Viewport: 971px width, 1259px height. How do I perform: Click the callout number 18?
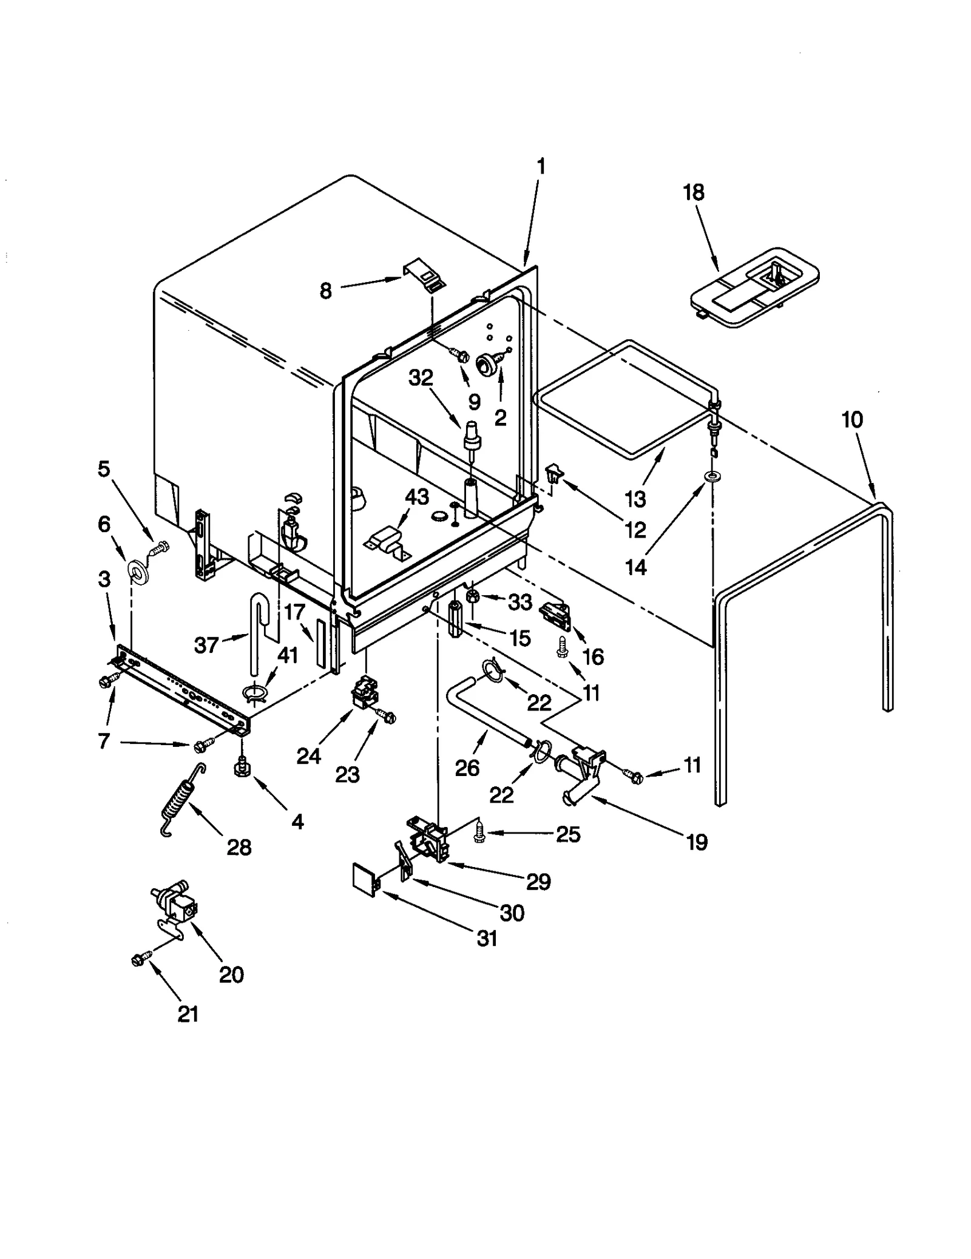(694, 192)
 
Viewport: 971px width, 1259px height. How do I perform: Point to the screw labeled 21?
(137, 959)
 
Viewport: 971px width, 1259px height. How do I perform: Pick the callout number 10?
(852, 419)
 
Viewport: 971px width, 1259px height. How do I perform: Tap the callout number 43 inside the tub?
(417, 497)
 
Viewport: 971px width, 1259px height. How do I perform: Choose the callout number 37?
(206, 644)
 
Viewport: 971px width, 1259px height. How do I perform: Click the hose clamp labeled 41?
(255, 693)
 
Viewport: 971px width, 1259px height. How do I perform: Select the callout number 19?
(697, 842)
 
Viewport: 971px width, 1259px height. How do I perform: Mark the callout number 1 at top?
(541, 166)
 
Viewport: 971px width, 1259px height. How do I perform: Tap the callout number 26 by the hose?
(467, 768)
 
